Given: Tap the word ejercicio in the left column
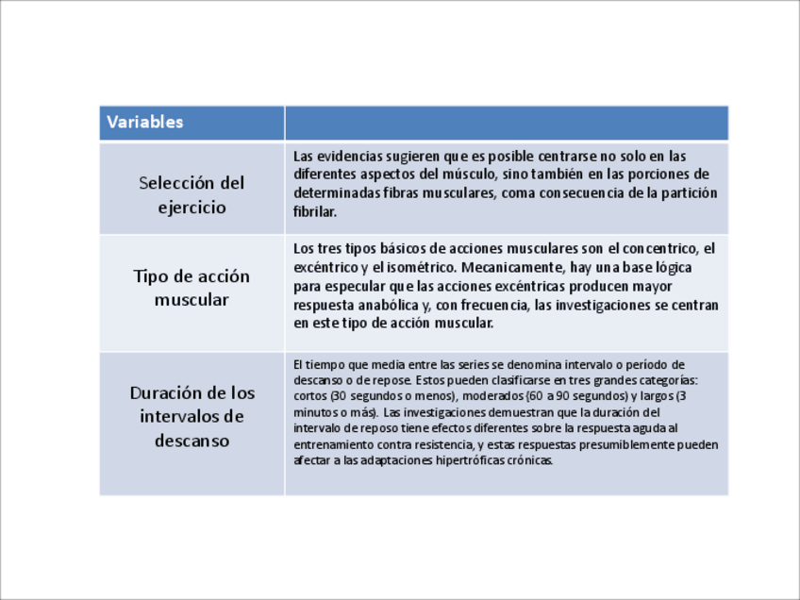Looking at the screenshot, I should (192, 208).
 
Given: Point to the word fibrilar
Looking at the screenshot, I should (314, 212).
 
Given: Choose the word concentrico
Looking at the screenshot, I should (658, 248).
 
